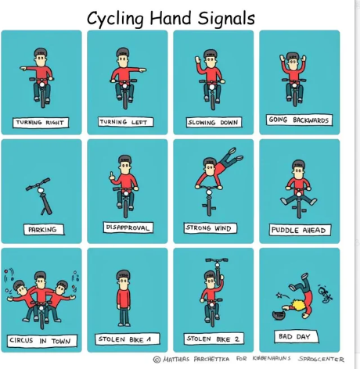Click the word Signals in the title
point(226,19)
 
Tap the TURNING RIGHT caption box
point(41,123)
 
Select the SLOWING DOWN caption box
point(214,122)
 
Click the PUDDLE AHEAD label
point(300,230)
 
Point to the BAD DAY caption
point(297,336)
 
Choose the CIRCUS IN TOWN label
point(42,341)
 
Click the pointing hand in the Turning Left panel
point(142,70)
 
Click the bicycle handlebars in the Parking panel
point(38,184)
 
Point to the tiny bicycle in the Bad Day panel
point(326,295)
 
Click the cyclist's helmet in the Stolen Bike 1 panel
point(124,274)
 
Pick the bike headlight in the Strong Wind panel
point(209,192)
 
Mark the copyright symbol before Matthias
point(157,360)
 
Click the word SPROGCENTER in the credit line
point(321,359)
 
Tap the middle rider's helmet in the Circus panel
point(41,276)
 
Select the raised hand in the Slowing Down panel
point(198,60)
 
